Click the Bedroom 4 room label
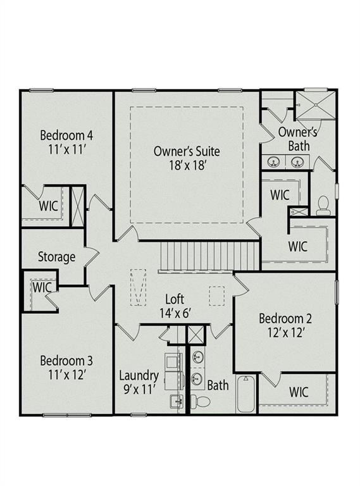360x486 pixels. pos(66,135)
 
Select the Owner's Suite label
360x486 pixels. pos(187,151)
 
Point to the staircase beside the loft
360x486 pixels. pos(209,255)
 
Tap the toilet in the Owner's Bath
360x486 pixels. pos(323,205)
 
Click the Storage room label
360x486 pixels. pos(57,258)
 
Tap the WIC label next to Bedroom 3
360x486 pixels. pos(41,287)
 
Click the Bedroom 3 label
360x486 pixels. pos(66,361)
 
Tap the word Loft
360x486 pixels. pos(175,299)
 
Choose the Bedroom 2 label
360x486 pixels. pos(285,319)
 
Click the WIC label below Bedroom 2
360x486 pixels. pos(300,392)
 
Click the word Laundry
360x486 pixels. pos(138,375)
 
